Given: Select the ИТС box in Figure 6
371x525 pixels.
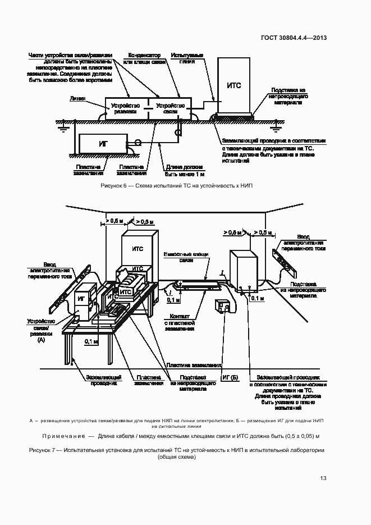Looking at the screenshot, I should point(234,85).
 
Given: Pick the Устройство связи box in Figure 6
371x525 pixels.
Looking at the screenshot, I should point(170,108).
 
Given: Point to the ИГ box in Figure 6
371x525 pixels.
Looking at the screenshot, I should point(103,144).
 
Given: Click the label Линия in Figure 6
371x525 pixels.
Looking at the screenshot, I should point(77,98).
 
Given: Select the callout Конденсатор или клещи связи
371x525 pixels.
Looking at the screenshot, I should point(145,58).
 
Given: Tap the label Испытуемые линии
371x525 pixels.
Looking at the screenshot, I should point(187,58).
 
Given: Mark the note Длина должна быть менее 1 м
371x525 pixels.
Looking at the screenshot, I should point(182,170).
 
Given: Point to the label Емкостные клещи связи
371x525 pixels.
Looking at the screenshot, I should point(185,257).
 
